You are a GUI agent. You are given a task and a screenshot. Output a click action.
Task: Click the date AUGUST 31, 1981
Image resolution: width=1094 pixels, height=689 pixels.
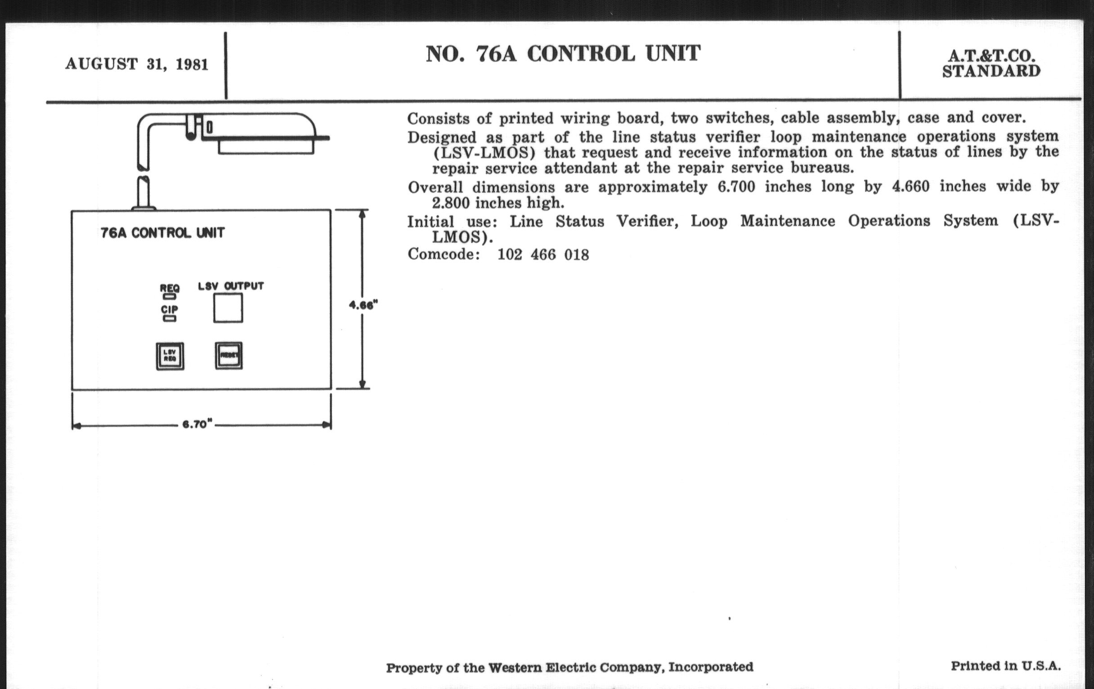point(137,64)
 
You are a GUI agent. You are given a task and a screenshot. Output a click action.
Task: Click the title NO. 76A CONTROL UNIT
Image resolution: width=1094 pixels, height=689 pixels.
point(563,54)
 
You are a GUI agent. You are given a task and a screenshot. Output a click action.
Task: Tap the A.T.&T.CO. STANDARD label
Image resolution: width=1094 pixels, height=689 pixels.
point(991,63)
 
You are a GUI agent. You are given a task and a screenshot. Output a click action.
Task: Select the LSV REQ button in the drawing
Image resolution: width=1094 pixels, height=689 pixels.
point(170,356)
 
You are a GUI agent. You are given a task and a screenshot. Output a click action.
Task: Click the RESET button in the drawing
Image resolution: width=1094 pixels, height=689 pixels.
point(229,356)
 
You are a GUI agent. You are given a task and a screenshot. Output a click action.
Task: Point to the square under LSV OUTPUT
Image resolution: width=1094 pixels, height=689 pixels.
point(228,308)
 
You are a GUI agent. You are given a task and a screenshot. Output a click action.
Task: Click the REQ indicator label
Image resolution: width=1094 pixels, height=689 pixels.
point(170,288)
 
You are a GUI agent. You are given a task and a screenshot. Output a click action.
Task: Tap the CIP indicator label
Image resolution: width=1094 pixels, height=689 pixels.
point(170,309)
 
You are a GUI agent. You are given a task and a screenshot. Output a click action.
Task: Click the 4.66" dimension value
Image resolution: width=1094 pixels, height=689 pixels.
point(363,305)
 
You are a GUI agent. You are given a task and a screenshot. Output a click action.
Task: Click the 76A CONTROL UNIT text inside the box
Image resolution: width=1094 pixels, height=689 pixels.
point(162,233)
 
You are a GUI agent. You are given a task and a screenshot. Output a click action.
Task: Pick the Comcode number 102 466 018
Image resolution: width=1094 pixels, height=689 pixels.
point(543,255)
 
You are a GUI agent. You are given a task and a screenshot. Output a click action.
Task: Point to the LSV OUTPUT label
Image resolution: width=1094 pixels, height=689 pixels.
point(231,286)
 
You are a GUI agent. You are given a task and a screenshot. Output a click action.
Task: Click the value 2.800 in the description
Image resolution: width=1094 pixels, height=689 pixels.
point(451,203)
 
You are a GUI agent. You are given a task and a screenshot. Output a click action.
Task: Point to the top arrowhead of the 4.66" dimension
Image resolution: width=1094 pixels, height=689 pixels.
point(362,214)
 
